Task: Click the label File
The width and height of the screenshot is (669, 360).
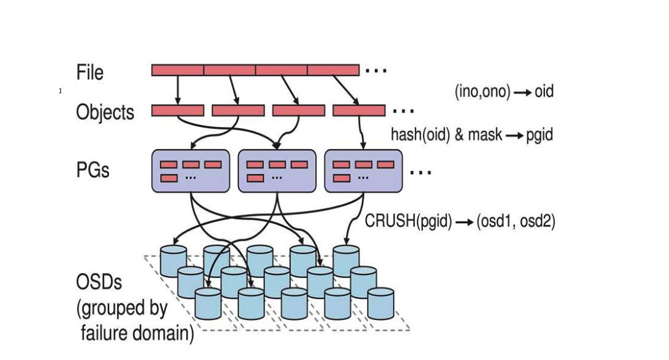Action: click(x=90, y=72)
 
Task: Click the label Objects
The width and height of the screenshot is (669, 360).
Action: click(x=105, y=112)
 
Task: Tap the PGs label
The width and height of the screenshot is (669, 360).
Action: click(x=93, y=169)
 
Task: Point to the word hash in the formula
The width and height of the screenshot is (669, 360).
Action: click(x=404, y=134)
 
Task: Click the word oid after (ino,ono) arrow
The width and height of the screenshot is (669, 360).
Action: click(x=544, y=92)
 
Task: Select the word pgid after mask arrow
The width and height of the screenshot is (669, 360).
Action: click(x=539, y=134)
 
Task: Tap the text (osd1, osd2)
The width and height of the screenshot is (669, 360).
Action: click(x=515, y=221)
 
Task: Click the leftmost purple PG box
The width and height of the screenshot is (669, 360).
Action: click(x=191, y=171)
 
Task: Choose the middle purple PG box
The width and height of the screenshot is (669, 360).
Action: click(x=277, y=171)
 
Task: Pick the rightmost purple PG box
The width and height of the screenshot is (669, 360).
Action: click(x=363, y=171)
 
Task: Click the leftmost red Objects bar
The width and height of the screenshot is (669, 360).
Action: click(x=178, y=110)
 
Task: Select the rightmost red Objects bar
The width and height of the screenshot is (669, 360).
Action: click(x=359, y=110)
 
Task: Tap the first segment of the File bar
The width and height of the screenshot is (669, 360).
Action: click(x=178, y=70)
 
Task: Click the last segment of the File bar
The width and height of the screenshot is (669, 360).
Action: click(x=333, y=70)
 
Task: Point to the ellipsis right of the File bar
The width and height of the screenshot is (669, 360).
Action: click(x=376, y=71)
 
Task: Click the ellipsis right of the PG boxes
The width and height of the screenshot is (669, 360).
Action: click(x=421, y=172)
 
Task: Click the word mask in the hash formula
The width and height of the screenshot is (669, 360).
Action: click(x=485, y=134)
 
